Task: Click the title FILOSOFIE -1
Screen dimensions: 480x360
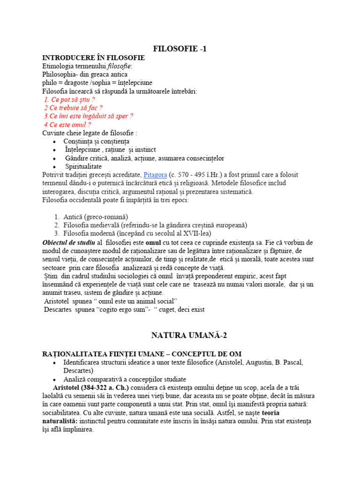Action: [x=180, y=49]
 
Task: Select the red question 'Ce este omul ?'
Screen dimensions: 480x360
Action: [x=67, y=125]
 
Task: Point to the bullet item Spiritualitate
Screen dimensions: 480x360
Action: [x=83, y=166]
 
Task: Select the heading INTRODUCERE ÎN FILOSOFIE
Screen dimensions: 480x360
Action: [x=93, y=58]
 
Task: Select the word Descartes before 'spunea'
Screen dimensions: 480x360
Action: [x=59, y=309]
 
